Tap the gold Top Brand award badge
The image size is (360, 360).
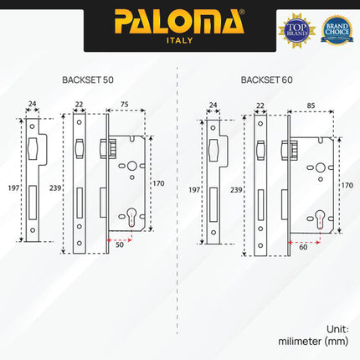point(296,28)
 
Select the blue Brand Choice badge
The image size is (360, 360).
point(337,28)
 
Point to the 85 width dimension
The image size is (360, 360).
point(310,105)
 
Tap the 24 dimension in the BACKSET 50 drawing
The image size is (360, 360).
point(32,105)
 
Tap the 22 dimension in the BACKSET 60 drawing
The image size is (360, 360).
point(260,105)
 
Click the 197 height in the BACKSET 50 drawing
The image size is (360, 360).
point(10,190)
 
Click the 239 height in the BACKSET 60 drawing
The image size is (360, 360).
point(238,190)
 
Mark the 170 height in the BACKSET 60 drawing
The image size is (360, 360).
point(347,184)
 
